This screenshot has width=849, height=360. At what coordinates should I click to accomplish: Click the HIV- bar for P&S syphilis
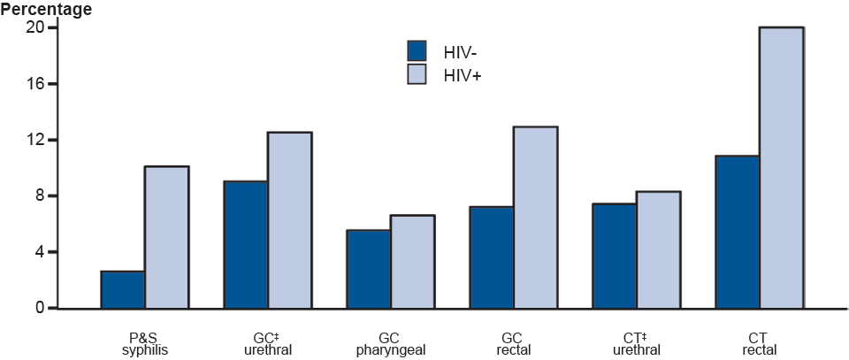tap(123, 290)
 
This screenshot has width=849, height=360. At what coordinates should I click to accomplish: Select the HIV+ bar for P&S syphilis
tap(166, 237)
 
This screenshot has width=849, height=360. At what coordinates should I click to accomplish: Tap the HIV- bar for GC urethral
tap(246, 245)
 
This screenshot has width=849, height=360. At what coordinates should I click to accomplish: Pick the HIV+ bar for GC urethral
tap(289, 220)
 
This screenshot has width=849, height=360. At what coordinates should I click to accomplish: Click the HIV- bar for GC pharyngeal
tap(369, 269)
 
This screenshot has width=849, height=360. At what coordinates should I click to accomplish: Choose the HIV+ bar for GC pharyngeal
tap(412, 262)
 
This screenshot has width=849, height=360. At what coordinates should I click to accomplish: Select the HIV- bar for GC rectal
tap(491, 257)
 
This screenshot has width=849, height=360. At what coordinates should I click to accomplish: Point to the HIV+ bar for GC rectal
tap(535, 218)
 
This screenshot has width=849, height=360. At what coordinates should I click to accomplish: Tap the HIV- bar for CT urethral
tap(614, 257)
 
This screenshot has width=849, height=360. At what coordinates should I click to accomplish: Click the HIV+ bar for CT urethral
tap(658, 250)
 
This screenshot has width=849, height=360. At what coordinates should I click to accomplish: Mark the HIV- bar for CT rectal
tap(737, 232)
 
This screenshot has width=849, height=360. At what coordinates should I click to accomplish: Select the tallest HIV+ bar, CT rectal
tap(781, 168)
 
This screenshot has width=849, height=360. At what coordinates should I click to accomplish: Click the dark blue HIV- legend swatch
tap(417, 50)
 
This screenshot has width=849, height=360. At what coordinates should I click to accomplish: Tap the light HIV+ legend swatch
tap(417, 75)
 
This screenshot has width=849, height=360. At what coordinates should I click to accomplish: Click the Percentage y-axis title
tap(45, 10)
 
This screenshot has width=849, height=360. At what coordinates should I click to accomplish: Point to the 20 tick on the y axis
tap(34, 27)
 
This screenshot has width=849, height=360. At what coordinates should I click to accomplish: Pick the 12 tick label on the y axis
tap(34, 140)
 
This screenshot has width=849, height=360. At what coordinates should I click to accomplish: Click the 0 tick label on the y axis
tap(39, 308)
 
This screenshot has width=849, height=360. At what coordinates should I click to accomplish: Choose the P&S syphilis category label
tap(144, 344)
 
